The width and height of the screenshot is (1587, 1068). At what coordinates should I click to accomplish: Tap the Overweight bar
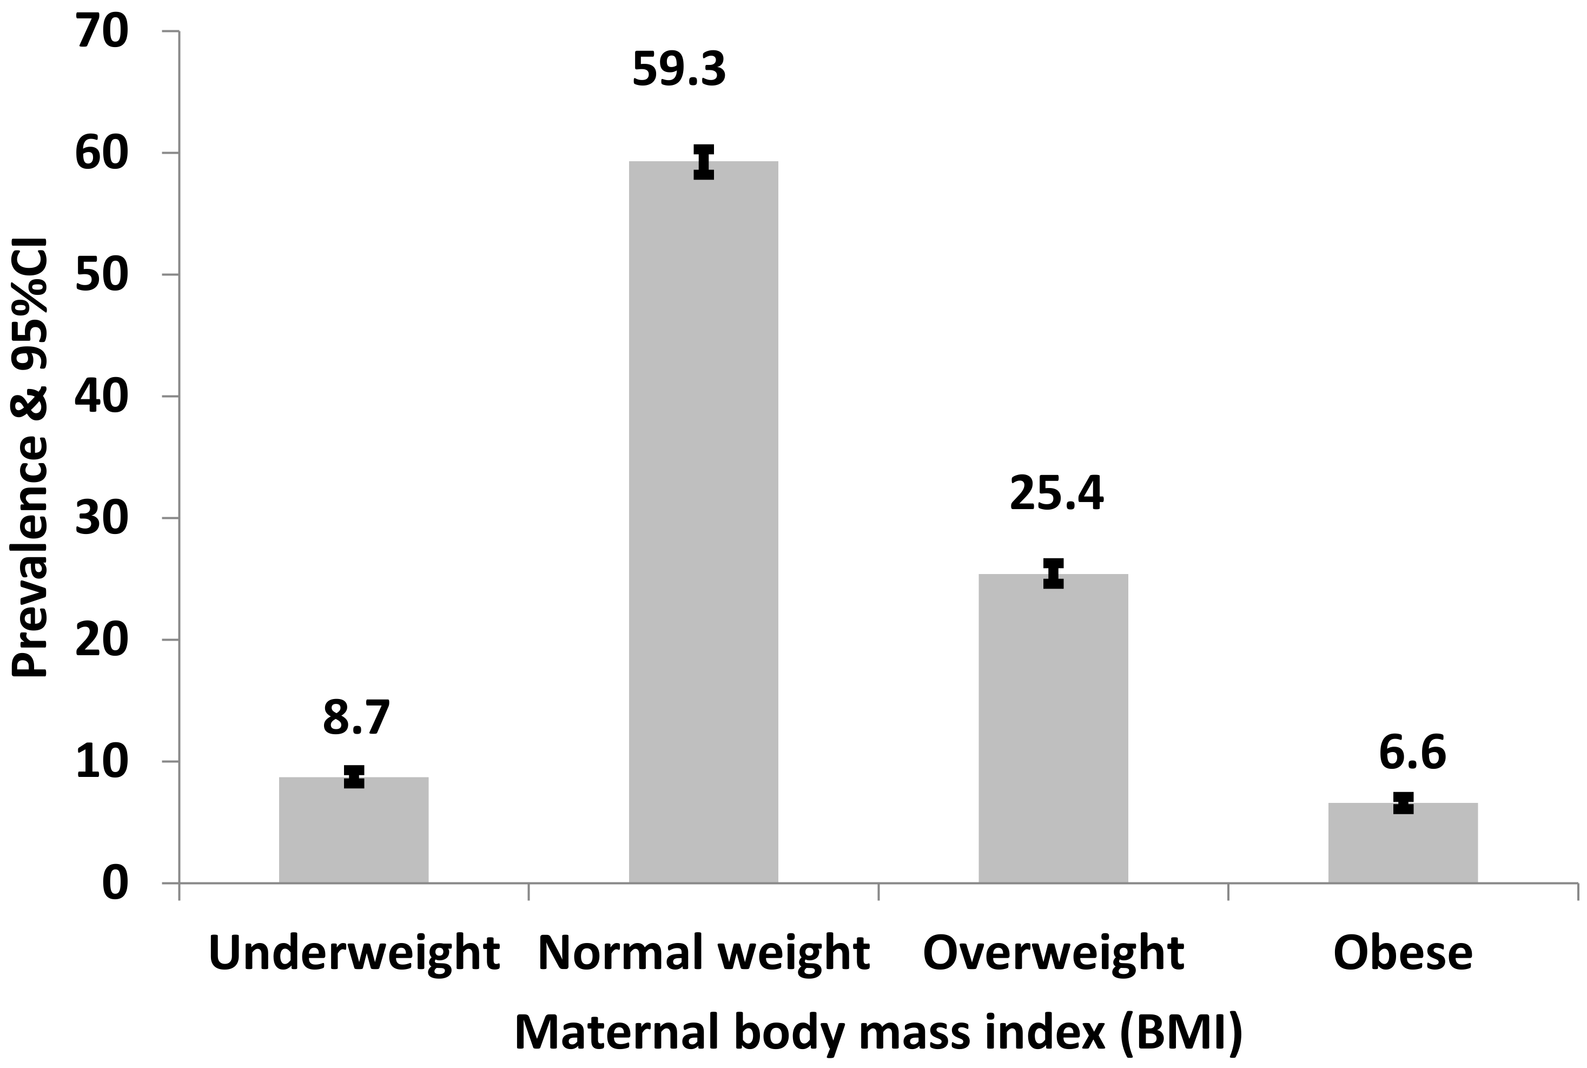(x=1053, y=728)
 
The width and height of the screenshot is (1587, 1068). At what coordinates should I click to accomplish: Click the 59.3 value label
(x=679, y=69)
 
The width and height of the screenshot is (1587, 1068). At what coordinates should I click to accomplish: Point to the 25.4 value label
(x=1056, y=494)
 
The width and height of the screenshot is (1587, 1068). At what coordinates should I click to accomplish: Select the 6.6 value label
(x=1412, y=753)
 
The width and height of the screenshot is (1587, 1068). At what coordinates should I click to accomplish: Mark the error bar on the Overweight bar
(x=1053, y=573)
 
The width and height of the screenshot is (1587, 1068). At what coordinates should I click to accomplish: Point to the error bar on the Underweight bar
(x=354, y=776)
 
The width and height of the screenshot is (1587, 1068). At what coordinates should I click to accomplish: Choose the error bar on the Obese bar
(x=1403, y=802)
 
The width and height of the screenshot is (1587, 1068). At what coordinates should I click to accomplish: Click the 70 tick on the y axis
(x=102, y=32)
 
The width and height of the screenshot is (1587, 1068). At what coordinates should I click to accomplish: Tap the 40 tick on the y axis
(x=102, y=397)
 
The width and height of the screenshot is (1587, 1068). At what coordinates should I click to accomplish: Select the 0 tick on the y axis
(x=115, y=884)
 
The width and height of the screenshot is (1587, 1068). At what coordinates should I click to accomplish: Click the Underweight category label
(x=354, y=953)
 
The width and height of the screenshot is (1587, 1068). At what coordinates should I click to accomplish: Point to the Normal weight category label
(x=703, y=953)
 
